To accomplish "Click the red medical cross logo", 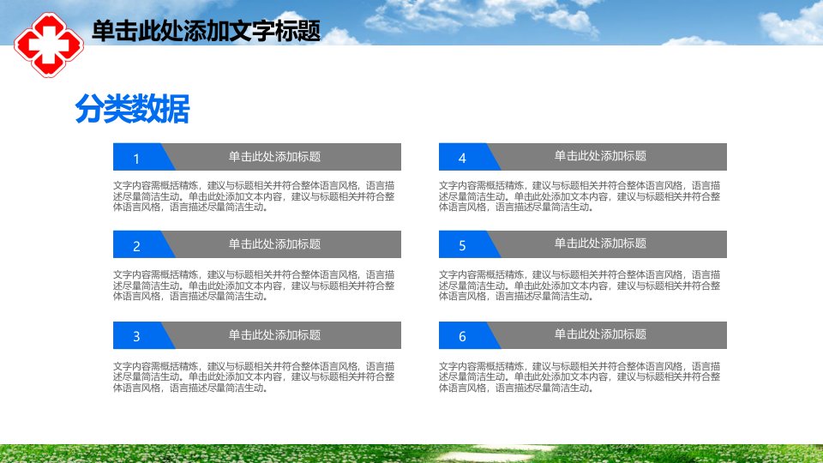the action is click(49, 45).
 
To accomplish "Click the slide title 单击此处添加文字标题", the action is click(206, 31).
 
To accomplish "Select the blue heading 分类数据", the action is click(132, 109).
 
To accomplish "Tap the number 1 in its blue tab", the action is click(136, 159).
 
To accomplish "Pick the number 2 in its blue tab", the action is click(136, 246).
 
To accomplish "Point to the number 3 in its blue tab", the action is click(136, 336).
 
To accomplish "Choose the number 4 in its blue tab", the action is click(462, 158).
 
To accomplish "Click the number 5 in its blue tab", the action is click(462, 246).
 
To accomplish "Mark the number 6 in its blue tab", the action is click(462, 336).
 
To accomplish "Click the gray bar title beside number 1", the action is click(274, 156).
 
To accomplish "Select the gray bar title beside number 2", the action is click(274, 244).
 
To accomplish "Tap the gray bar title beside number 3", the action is click(274, 335).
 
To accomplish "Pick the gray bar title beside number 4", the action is click(600, 156).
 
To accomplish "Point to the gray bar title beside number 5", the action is click(600, 244).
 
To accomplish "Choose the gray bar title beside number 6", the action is click(600, 334).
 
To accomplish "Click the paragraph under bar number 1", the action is click(254, 196).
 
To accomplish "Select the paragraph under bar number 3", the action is click(254, 377).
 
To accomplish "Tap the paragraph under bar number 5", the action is click(580, 286).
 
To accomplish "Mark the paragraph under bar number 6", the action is click(580, 377).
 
